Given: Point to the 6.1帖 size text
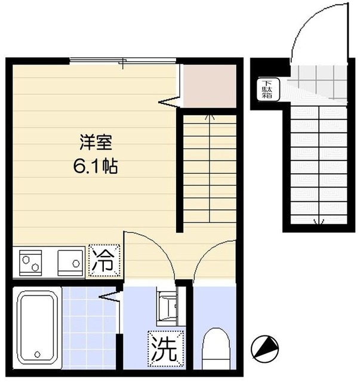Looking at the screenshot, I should tap(96, 167).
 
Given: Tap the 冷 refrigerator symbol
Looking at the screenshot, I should tap(105, 260).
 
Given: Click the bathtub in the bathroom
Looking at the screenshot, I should tap(35, 327).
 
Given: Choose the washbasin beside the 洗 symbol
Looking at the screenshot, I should tap(167, 306).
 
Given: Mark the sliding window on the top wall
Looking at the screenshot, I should tap(123, 60).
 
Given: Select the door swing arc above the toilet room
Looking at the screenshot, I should tap(214, 257).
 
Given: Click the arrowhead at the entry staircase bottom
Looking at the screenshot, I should tap(317, 223).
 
